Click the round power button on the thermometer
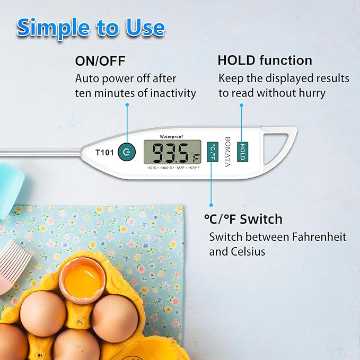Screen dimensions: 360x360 click(x=126, y=152)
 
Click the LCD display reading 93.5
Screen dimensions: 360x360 click(x=172, y=153)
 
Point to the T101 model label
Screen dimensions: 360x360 click(x=104, y=152)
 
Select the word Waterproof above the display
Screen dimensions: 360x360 click(x=172, y=136)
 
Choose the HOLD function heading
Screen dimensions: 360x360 click(x=265, y=60)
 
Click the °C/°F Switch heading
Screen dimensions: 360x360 click(x=243, y=219)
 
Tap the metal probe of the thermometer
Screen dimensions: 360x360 click(x=37, y=153)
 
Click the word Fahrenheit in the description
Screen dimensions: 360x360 click(x=307, y=236)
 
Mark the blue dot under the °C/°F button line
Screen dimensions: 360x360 click(x=210, y=204)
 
